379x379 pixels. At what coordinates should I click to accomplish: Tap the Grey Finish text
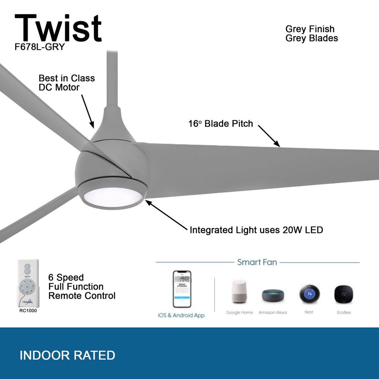(x=310, y=29)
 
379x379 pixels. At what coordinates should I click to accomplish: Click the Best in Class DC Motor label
(x=67, y=83)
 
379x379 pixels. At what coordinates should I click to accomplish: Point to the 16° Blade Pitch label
(x=221, y=124)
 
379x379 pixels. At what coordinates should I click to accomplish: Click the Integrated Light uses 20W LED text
(x=256, y=230)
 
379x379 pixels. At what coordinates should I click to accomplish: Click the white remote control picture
(x=28, y=283)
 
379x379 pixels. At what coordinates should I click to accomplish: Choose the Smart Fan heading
(x=257, y=262)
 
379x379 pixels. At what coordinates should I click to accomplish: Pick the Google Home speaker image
(x=239, y=292)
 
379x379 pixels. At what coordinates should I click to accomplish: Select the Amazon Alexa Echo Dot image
(x=273, y=295)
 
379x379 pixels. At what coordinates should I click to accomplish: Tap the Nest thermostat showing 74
(x=309, y=294)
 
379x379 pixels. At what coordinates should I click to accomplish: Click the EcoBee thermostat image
(x=343, y=293)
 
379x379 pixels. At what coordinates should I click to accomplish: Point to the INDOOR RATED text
(x=67, y=356)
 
